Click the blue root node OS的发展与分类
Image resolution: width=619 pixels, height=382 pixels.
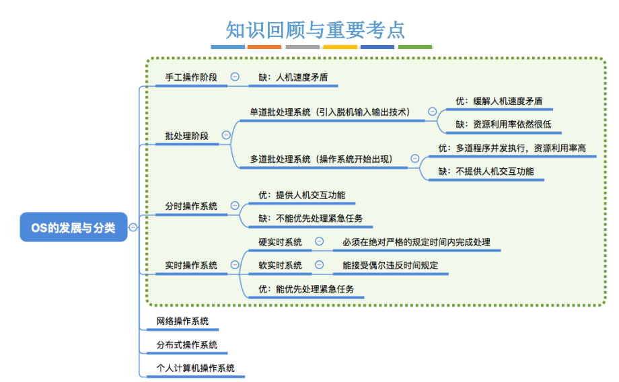coord(73,227)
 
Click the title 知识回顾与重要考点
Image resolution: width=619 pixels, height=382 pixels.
coord(316,30)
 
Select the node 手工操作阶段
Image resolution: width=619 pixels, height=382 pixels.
coord(191,77)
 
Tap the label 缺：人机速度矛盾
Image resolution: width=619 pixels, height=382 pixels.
coord(293,77)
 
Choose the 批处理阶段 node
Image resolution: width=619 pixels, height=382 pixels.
coord(187,135)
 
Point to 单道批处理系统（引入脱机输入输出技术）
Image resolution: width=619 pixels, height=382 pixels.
coord(330,112)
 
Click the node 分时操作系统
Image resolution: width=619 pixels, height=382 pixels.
coord(191,206)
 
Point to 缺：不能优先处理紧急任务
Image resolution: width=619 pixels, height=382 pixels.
coord(311,218)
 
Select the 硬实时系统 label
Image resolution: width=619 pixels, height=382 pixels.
coord(281,241)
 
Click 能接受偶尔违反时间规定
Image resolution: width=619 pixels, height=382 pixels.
coord(390,265)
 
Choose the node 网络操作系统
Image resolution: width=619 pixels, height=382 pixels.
coord(182,321)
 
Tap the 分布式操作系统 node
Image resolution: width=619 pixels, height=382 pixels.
coord(187,344)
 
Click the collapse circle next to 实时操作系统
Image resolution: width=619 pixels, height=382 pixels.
coord(234,265)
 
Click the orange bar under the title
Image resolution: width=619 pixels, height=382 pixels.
coord(264,47)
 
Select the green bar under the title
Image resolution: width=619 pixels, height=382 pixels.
coord(414,47)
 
